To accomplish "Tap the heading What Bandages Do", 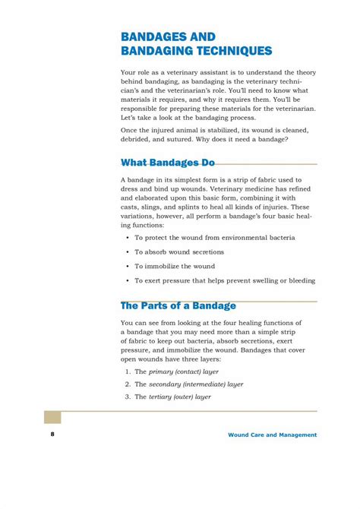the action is (x=168, y=163).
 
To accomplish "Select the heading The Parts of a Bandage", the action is (x=178, y=305).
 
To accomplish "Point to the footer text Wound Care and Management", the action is (x=272, y=435).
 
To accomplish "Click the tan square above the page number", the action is (x=52, y=417).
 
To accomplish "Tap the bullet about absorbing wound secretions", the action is (x=179, y=251).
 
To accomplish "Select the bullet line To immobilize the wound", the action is (x=175, y=266).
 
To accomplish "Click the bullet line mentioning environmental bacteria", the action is (x=215, y=237).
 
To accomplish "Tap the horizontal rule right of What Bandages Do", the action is (x=266, y=163).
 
